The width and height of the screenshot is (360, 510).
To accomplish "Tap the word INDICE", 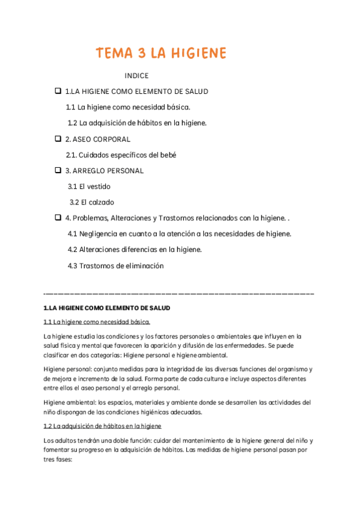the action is pyautogui.click(x=136, y=76).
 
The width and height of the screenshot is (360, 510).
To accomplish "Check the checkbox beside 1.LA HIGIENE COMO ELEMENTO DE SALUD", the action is pyautogui.click(x=58, y=91).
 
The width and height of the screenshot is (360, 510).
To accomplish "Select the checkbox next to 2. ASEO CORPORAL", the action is pyautogui.click(x=58, y=138).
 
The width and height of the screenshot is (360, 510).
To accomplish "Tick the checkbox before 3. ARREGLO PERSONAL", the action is pyautogui.click(x=58, y=170).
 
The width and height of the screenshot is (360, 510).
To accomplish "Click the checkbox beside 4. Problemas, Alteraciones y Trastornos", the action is pyautogui.click(x=58, y=217).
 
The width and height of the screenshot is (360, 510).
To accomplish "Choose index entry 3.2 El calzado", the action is pyautogui.click(x=91, y=202).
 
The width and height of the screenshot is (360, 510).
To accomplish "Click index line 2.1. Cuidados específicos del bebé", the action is pyautogui.click(x=121, y=155).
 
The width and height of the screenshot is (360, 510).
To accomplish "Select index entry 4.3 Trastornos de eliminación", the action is pyautogui.click(x=115, y=265).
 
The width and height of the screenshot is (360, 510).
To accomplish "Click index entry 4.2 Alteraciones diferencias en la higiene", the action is pyautogui.click(x=135, y=249).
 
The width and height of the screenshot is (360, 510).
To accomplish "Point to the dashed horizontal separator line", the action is pyautogui.click(x=179, y=293).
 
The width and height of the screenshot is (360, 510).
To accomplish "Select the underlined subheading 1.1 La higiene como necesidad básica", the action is pyautogui.click(x=97, y=322).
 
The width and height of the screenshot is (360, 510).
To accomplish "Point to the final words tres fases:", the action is pyautogui.click(x=58, y=461).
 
